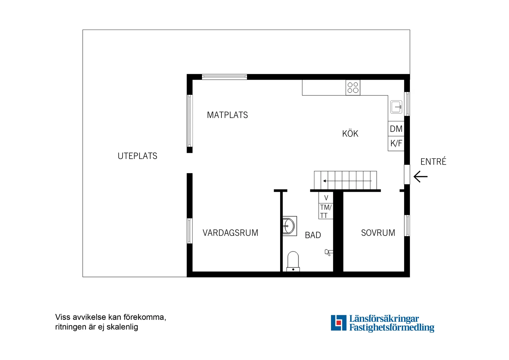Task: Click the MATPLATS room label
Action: tap(227, 115)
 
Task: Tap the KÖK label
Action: tap(350, 134)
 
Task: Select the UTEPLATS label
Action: tap(137, 156)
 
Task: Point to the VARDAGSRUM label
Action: tap(230, 233)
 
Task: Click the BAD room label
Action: tap(313, 235)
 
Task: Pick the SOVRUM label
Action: tap(378, 233)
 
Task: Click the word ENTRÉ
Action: tap(433, 161)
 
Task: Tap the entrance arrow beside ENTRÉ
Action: tap(420, 177)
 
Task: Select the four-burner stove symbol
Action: tap(353, 87)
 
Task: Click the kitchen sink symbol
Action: tap(396, 107)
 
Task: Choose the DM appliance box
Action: tap(396, 129)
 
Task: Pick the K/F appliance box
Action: tap(396, 144)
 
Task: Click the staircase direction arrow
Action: tap(347, 181)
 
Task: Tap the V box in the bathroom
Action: tap(326, 198)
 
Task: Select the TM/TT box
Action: tap(326, 211)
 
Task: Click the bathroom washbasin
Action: tap(289, 226)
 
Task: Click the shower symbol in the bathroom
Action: tap(328, 253)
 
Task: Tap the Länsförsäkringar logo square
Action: tap(338, 323)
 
